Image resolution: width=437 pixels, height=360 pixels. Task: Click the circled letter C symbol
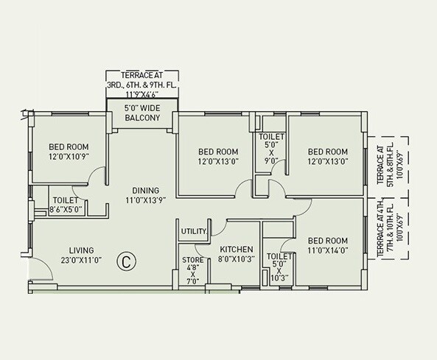127,260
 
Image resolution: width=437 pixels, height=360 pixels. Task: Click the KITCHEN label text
237,250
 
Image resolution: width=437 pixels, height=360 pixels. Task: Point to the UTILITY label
193,231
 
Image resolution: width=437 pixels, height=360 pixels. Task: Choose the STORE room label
192,260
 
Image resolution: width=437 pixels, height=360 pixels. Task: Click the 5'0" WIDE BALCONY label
142,115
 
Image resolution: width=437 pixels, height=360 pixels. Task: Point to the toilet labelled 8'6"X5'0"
66,210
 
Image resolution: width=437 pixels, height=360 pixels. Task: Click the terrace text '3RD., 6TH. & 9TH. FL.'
142,85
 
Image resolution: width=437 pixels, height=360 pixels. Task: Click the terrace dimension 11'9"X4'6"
142,94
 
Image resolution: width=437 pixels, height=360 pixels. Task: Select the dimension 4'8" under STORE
192,270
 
